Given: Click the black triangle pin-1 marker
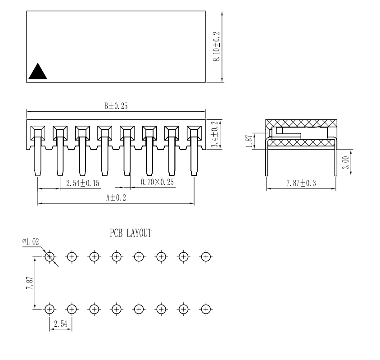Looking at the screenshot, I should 38,72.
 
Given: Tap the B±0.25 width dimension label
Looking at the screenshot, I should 116,106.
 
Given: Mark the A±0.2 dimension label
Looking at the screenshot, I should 116,198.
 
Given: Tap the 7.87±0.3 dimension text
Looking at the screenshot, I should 301,183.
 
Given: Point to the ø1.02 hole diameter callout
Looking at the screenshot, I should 31,242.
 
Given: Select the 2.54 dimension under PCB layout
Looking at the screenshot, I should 60,324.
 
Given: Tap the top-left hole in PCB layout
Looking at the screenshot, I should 50,257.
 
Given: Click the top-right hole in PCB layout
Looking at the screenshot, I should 206,257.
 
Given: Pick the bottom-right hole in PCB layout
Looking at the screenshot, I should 206,309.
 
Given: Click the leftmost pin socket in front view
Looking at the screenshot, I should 37,132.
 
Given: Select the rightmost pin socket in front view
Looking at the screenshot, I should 194,132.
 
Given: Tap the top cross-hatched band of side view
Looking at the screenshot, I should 301,123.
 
